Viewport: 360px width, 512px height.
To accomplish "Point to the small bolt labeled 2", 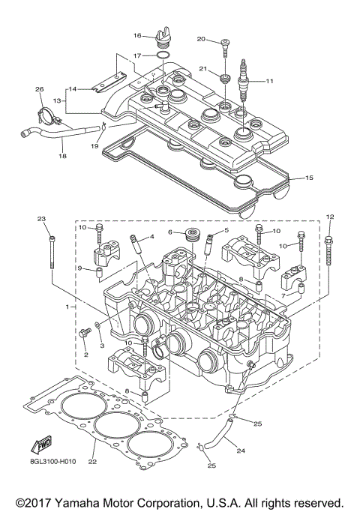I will tap(84, 335).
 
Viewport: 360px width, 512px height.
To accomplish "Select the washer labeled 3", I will tap(100, 328).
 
